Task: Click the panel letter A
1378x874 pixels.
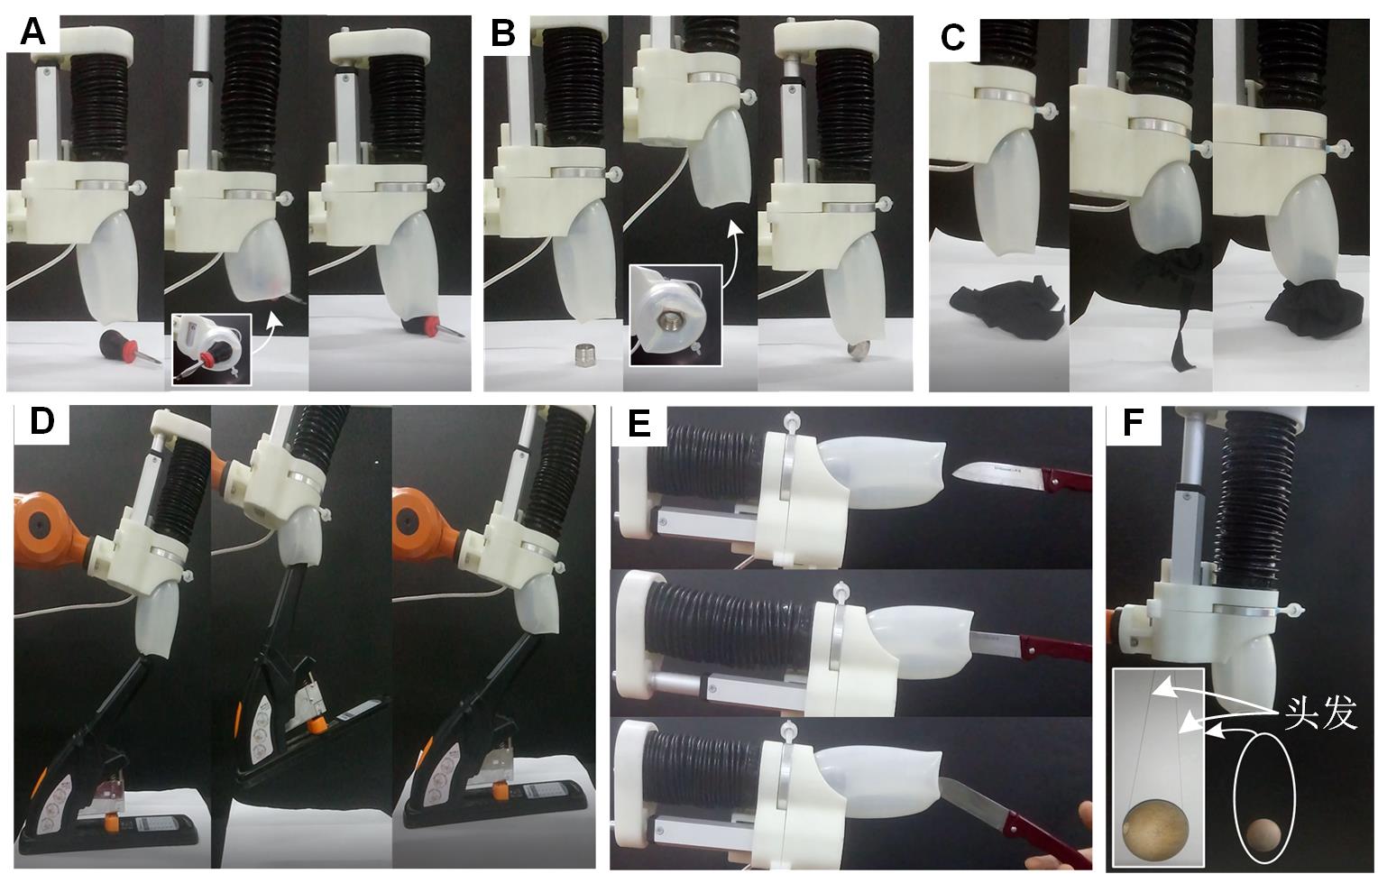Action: [x=33, y=32]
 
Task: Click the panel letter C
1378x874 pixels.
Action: [x=953, y=38]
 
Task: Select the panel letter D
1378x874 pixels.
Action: [x=41, y=421]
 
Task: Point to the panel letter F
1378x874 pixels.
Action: [x=1134, y=423]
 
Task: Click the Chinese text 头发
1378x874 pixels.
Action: [x=1319, y=714]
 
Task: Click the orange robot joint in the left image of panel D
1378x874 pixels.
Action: [x=52, y=529]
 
